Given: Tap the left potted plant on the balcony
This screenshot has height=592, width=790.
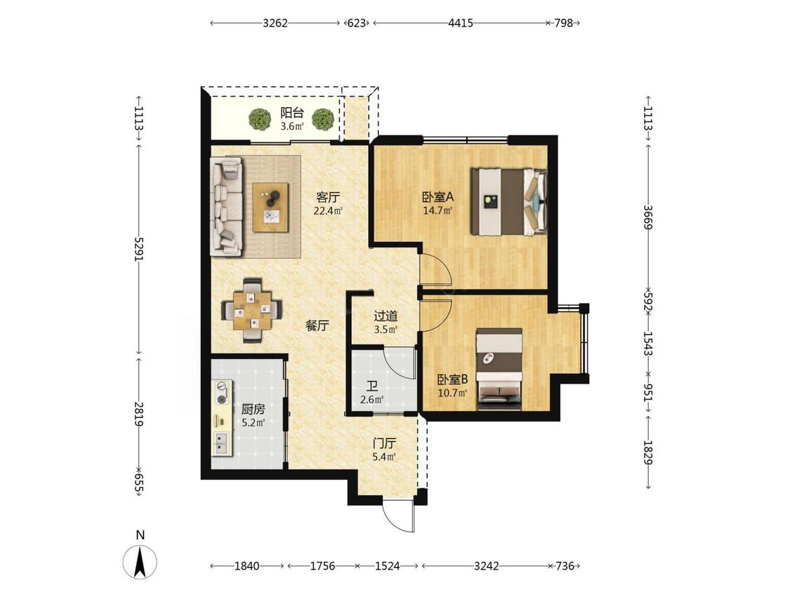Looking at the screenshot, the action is coord(260,119).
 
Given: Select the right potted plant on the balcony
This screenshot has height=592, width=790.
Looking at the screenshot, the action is coord(322,119).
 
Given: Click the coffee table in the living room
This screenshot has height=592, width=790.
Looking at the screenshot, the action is coord(271,207).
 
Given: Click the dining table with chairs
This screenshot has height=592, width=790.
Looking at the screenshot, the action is coord(252,311).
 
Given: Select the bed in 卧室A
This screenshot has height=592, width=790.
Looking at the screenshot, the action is coord(509,202).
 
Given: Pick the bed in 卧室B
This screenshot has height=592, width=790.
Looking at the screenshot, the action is coord(499,369).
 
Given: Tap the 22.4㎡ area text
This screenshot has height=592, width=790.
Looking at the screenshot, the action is coord(328,210).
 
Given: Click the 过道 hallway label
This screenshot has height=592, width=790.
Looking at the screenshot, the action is coord(386,316).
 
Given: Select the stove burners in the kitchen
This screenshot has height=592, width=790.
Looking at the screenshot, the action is coord(221,393).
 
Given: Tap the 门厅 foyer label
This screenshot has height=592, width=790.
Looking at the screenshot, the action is coord(384,443).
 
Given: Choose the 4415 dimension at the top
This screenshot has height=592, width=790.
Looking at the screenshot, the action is coord(460,22).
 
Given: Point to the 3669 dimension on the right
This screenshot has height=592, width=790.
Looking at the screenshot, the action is coord(648,217).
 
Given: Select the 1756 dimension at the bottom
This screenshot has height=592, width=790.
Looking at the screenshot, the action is coord(322,566).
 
